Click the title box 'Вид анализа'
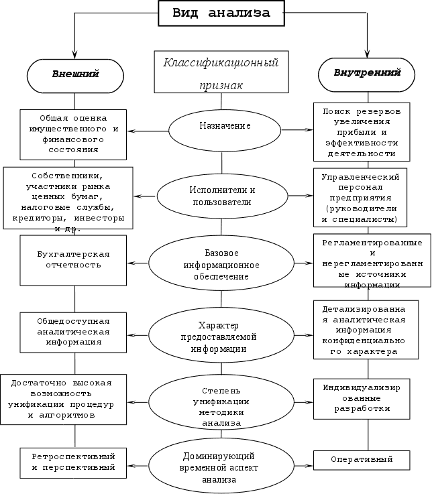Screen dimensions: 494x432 [221, 13]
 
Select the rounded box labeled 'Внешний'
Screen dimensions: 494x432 [75, 75]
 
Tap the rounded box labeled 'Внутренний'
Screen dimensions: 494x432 [367, 72]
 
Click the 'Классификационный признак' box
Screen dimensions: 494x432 [221, 72]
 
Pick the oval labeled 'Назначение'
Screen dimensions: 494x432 [215, 127]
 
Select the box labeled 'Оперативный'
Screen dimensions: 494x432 [362, 459]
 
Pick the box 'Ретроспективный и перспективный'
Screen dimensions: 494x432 [73, 462]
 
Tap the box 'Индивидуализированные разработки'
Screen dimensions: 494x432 [362, 398]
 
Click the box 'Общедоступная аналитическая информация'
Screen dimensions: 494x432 [73, 331]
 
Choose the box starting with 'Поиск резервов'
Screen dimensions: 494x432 [362, 131]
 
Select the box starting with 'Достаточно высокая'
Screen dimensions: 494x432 [64, 398]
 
